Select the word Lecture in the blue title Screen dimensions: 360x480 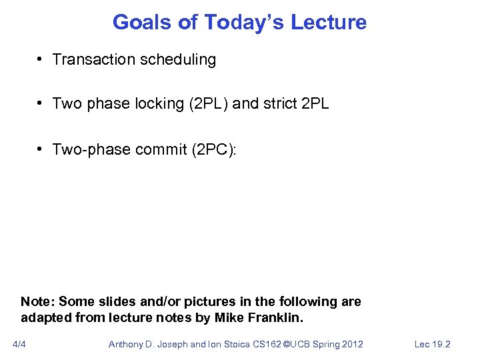[331, 22]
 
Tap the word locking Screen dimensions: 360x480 [159, 104]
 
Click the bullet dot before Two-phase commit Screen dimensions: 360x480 [41, 149]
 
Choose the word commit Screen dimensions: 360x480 [160, 149]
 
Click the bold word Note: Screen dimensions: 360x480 [38, 301]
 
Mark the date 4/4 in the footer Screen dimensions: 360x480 [19, 344]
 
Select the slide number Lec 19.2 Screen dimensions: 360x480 [433, 344]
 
